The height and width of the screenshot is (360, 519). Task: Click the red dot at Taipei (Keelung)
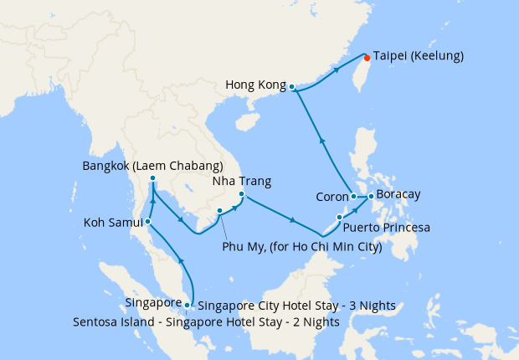click(367, 58)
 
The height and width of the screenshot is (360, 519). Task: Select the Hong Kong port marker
click(291, 86)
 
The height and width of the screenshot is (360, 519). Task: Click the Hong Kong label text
click(255, 85)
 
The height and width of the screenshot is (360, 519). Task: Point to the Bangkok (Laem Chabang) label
click(152, 166)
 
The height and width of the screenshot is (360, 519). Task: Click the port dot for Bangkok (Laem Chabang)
click(152, 178)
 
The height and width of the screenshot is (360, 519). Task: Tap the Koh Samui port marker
click(147, 222)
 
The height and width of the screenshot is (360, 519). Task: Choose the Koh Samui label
click(113, 223)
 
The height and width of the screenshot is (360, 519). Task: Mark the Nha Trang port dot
click(241, 196)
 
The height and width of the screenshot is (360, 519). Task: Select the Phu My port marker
click(219, 211)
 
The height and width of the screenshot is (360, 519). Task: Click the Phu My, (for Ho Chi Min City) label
click(302, 247)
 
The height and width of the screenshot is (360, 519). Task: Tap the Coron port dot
click(355, 197)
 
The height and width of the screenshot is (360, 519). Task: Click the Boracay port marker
click(371, 196)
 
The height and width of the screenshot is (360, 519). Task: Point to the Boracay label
click(398, 195)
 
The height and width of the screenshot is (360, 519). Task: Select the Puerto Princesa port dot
click(339, 218)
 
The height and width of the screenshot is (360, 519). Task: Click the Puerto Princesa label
click(388, 227)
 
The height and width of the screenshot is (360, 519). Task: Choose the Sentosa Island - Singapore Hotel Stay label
click(206, 321)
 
